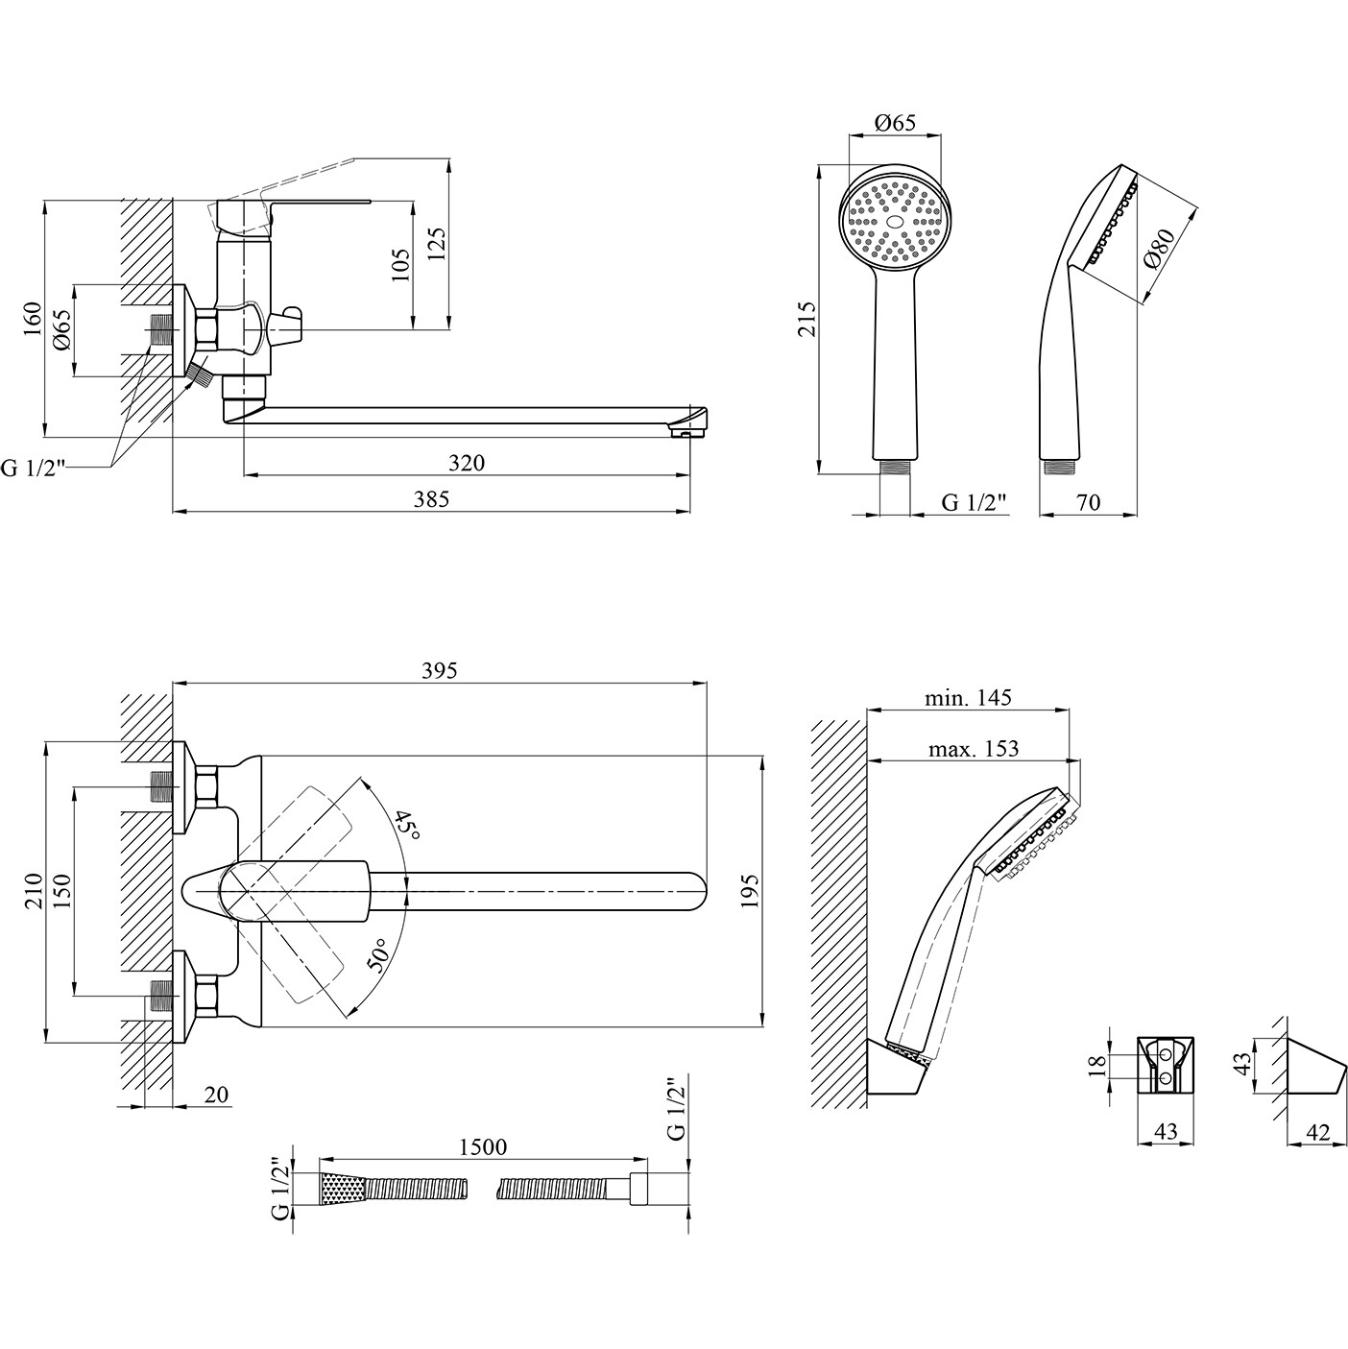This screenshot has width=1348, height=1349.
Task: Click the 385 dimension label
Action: click(432, 498)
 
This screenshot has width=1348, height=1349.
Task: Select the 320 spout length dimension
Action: click(468, 462)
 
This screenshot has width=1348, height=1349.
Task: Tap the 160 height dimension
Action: click(33, 317)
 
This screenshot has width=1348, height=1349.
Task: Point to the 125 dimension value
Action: click(437, 246)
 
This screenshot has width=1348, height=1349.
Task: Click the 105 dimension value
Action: click(401, 264)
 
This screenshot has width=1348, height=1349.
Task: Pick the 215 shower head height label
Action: click(806, 319)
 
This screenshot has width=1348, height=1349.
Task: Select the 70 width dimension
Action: click(1088, 502)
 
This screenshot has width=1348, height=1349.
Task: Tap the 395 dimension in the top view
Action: click(440, 670)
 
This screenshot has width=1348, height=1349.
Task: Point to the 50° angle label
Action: click(380, 956)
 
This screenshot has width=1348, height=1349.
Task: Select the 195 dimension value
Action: click(750, 891)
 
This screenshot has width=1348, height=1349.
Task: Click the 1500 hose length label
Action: click(483, 1146)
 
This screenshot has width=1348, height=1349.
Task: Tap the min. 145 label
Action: click(968, 698)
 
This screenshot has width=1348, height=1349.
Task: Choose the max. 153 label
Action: click(974, 748)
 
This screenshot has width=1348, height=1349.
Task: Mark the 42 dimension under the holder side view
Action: click(1318, 1132)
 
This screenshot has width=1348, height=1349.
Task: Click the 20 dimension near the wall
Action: click(216, 1094)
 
